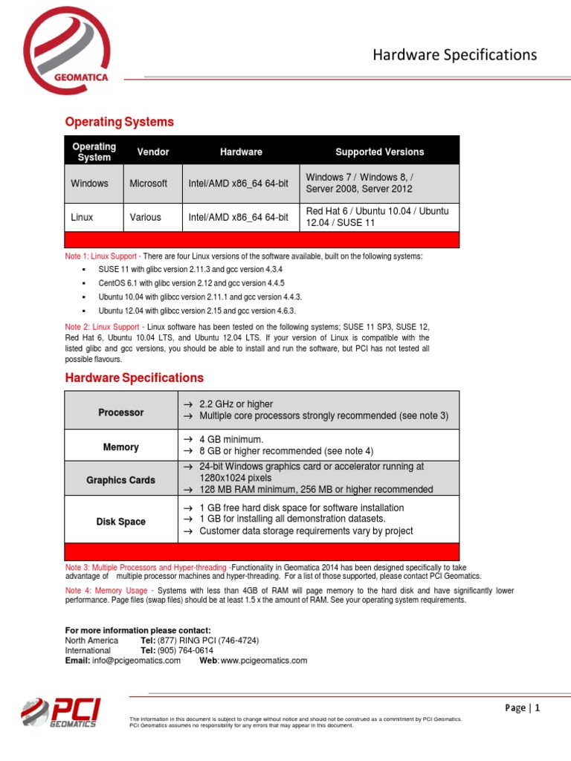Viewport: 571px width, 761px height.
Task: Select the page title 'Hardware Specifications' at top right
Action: click(x=454, y=54)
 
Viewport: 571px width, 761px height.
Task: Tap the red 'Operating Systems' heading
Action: click(x=119, y=122)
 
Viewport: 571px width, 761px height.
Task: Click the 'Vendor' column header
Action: click(x=153, y=152)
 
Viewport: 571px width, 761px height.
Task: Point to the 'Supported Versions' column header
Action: click(x=379, y=152)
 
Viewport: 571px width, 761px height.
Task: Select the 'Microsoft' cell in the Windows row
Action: click(x=149, y=184)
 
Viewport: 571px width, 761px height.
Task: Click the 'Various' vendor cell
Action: click(x=145, y=217)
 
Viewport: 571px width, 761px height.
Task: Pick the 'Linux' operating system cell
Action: click(x=82, y=217)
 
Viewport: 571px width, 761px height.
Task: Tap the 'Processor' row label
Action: click(x=121, y=412)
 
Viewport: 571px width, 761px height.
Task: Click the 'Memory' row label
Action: click(x=121, y=447)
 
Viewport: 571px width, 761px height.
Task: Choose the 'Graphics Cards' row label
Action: click(x=121, y=480)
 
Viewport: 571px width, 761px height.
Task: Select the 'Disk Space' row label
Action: click(x=121, y=522)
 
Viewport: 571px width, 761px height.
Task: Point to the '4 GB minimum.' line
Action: click(x=231, y=439)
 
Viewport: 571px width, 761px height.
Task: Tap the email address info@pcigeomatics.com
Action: click(x=136, y=661)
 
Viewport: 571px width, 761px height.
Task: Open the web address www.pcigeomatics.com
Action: click(x=263, y=661)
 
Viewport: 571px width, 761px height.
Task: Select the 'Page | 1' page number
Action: click(x=523, y=708)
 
